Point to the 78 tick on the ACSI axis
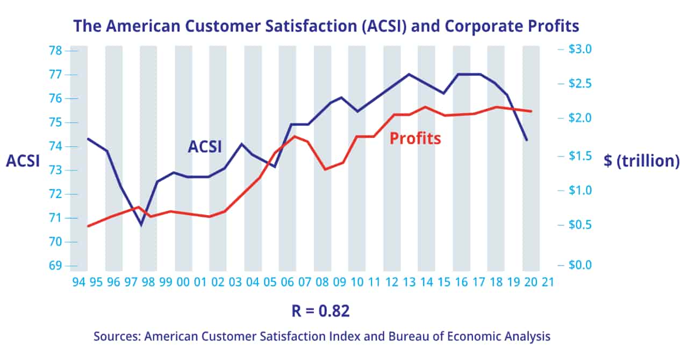coord(55,51)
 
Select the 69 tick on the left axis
coord(55,266)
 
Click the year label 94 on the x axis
coord(78,282)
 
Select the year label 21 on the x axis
coord(548,282)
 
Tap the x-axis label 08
coord(322,282)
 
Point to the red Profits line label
coord(415,138)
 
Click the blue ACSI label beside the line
coord(204,146)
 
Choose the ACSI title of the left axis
coord(23,161)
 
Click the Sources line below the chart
coord(322,337)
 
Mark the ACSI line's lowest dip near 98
coord(141,225)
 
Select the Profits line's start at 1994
coord(88,226)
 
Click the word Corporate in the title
coord(478,26)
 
